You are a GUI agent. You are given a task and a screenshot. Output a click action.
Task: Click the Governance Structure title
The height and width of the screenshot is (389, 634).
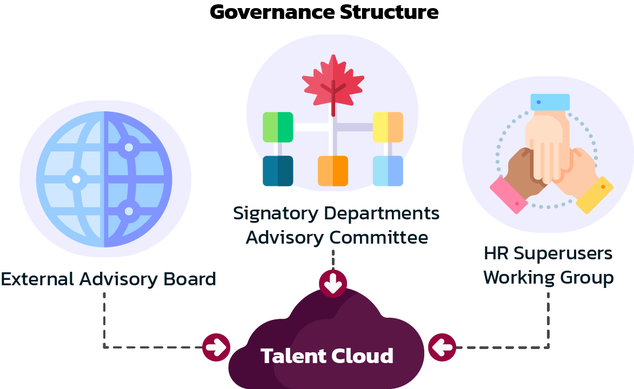tap(324, 12)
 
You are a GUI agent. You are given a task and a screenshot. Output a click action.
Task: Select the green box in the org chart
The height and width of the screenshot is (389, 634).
tap(278, 127)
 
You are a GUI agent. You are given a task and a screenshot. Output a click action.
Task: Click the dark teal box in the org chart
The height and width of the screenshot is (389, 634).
tap(278, 171)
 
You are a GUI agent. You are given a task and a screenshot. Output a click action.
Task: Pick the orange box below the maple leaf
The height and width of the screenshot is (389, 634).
tap(332, 171)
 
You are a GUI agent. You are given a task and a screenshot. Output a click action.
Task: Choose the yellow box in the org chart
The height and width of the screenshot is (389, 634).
tap(388, 127)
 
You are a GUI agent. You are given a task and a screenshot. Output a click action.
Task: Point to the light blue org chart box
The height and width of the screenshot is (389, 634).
tap(388, 171)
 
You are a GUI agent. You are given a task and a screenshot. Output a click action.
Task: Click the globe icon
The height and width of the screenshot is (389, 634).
tap(104, 179)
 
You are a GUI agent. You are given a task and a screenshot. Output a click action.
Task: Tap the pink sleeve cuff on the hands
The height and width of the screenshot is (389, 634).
tap(509, 196)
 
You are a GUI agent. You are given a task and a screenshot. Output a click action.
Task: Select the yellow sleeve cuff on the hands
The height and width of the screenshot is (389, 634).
tap(595, 195)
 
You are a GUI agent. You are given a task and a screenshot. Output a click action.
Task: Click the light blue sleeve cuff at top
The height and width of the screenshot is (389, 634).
tap(550, 102)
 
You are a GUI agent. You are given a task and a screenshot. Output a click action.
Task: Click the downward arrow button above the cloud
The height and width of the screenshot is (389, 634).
tap(332, 283)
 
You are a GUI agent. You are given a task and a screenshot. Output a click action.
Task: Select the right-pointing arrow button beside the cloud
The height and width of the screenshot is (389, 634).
tap(216, 347)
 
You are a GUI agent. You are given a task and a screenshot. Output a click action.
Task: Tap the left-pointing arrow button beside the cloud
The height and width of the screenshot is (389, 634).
tap(442, 347)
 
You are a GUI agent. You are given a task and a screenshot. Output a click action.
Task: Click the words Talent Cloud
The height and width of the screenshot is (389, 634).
tap(326, 356)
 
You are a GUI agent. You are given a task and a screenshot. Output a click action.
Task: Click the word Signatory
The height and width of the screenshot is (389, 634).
tap(276, 213)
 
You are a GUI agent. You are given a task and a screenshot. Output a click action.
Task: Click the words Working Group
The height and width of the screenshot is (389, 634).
tap(548, 278)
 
